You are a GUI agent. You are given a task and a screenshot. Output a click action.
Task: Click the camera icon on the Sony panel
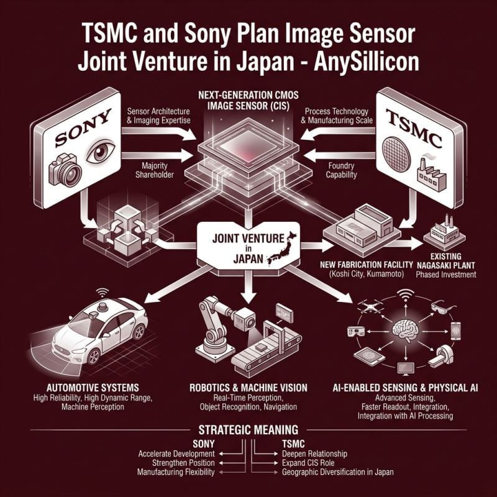65,170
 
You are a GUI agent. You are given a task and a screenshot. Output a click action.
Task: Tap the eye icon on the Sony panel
101,151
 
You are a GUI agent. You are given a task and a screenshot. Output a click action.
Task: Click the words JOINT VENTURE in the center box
248,239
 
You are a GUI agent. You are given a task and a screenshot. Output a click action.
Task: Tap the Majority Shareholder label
154,170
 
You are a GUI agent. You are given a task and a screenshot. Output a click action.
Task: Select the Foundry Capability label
341,170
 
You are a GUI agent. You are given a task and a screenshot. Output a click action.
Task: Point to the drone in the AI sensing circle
370,306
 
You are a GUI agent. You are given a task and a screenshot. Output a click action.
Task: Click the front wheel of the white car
94,357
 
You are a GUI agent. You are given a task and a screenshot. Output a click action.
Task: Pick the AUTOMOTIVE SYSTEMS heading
93,388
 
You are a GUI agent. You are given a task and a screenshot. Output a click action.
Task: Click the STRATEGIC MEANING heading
248,430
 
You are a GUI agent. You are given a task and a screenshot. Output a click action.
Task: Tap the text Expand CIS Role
308,463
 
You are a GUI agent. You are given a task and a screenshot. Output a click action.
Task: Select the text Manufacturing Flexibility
176,472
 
